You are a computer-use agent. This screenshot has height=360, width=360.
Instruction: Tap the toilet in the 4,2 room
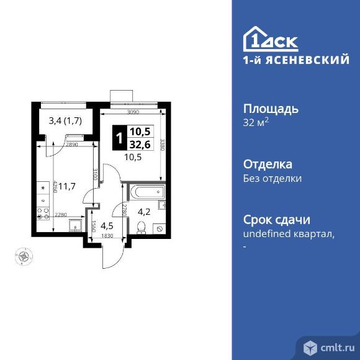coord(142,227)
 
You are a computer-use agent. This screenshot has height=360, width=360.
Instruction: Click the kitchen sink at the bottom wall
coord(76,225)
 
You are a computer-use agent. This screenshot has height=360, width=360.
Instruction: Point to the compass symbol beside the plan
coord(24,255)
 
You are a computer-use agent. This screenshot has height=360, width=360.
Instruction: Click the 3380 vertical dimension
coord(163,144)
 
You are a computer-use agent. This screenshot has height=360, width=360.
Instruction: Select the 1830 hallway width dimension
coord(108,236)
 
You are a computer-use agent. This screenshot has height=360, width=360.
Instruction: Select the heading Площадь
coord(270,109)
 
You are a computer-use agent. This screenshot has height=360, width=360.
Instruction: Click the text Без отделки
coord(272,178)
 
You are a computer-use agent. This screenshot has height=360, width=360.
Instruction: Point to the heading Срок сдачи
coord(276,220)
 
